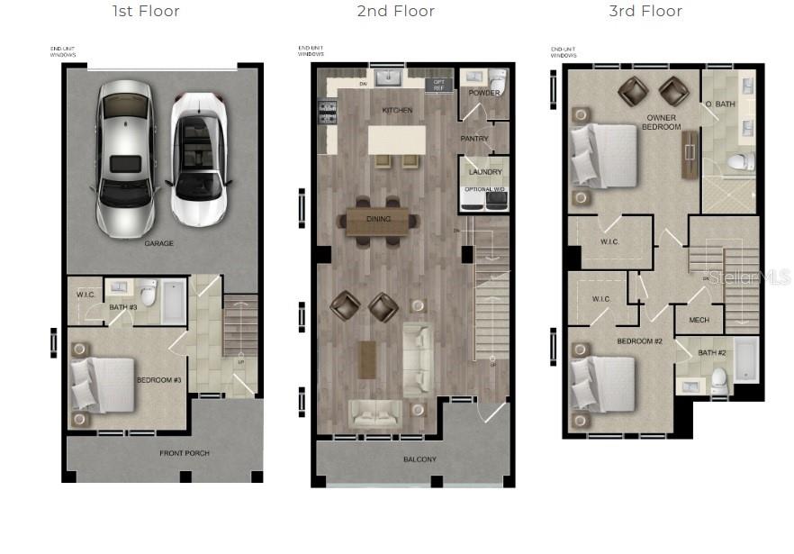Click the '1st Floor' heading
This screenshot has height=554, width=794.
[146, 12]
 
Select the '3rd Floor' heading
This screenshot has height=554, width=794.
[645, 12]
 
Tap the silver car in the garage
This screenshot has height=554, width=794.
[125, 157]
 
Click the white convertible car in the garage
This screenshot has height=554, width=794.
[198, 158]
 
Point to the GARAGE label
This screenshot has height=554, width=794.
[158, 243]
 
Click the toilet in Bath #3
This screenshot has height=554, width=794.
[149, 293]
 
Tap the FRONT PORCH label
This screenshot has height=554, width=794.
[184, 453]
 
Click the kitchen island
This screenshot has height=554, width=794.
[396, 141]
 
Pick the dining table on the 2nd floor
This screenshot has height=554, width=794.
[377, 220]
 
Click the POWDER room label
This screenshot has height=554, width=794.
[483, 93]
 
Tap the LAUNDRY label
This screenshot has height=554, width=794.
[485, 171]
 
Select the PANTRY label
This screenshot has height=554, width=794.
[474, 139]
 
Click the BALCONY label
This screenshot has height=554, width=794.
[420, 459]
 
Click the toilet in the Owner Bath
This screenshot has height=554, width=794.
[740, 161]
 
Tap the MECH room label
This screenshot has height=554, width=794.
[699, 320]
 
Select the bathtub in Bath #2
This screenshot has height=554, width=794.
[746, 361]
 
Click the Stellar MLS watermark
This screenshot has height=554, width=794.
[748, 277]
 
